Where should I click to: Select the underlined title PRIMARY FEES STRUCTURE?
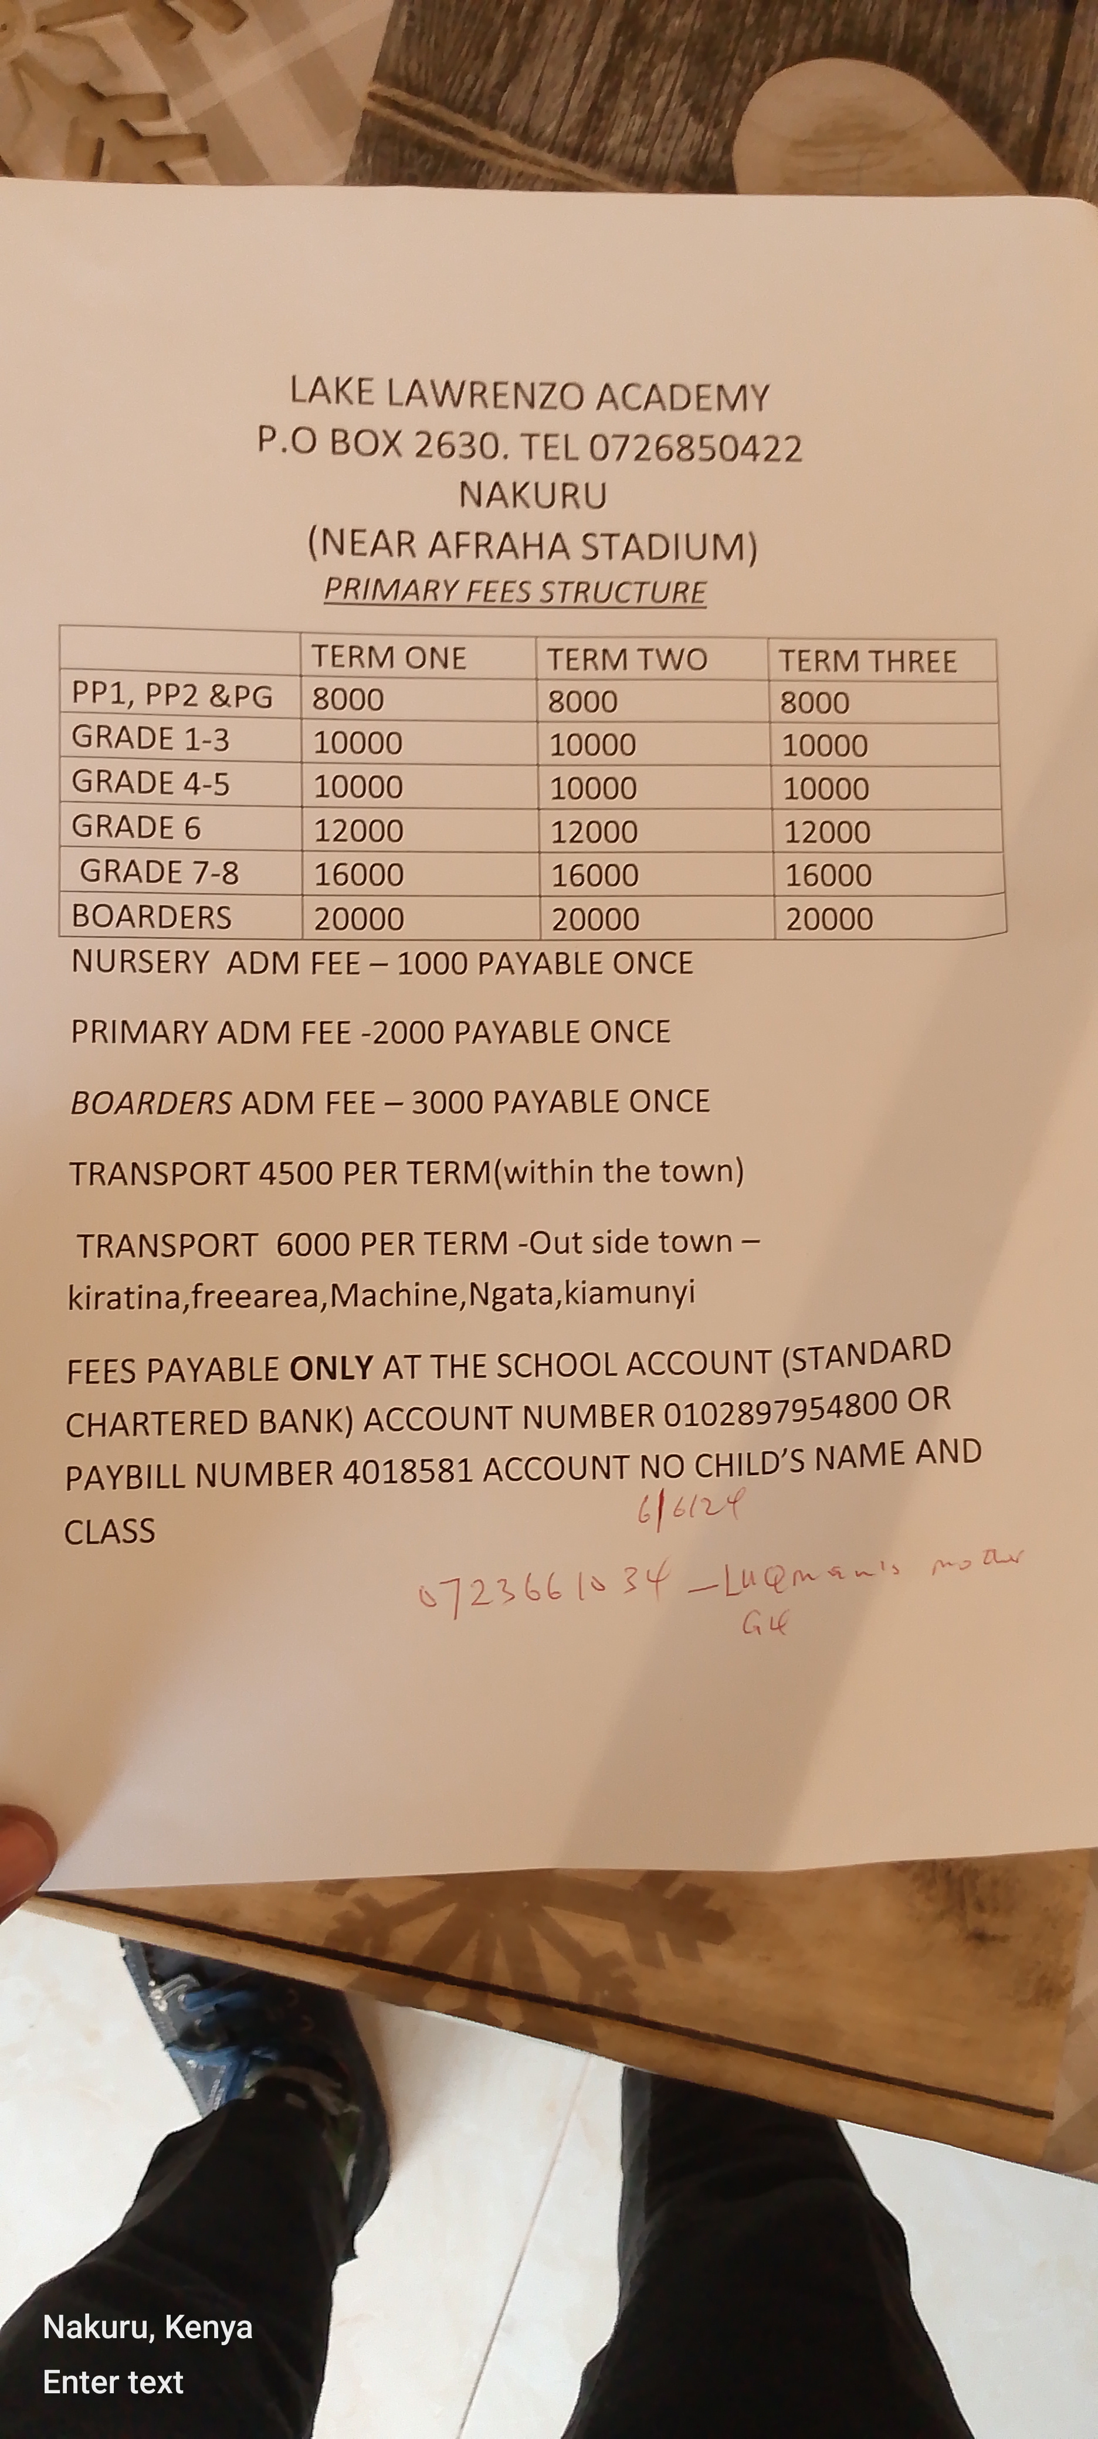pos(514,591)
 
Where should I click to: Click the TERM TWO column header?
pos(626,659)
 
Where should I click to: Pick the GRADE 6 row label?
pos(137,827)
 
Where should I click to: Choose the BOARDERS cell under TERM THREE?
pos(829,918)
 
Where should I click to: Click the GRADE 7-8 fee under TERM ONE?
pos(359,874)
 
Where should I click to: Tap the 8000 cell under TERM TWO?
pos(582,702)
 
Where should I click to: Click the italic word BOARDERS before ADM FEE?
pos(151,1103)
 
